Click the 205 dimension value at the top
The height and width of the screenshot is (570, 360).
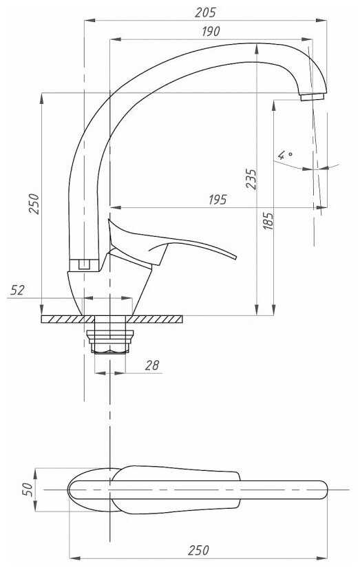point(205,12)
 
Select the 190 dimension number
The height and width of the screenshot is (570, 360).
point(211,31)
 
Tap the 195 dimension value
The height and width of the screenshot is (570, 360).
point(218,199)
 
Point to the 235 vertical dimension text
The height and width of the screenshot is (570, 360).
point(251,178)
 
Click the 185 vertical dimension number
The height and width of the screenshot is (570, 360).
point(268,221)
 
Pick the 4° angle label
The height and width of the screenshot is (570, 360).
point(285,155)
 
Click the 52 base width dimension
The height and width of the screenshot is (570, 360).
point(17,290)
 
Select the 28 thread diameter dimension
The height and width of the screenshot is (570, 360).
point(152,365)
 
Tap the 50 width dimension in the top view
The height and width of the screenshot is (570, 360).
point(28,489)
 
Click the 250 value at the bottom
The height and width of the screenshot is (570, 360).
point(198,550)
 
